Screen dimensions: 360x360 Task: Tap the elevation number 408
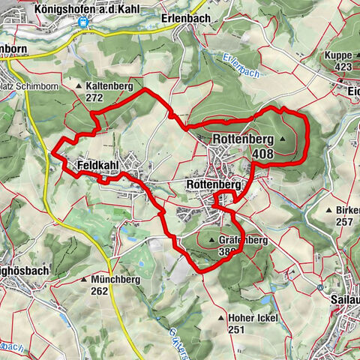point(263,154)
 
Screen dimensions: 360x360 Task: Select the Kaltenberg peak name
point(109,87)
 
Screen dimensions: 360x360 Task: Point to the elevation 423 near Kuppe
point(343,66)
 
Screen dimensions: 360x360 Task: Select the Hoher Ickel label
point(253,318)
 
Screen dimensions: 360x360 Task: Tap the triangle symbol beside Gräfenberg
point(212,241)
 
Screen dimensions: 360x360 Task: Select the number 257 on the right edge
point(344,222)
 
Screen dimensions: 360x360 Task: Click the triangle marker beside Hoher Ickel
point(220,318)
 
